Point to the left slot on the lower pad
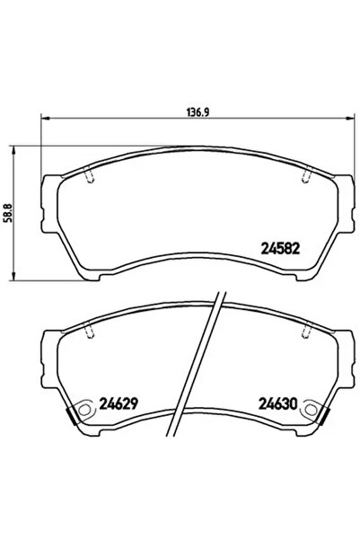pos(90,333)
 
